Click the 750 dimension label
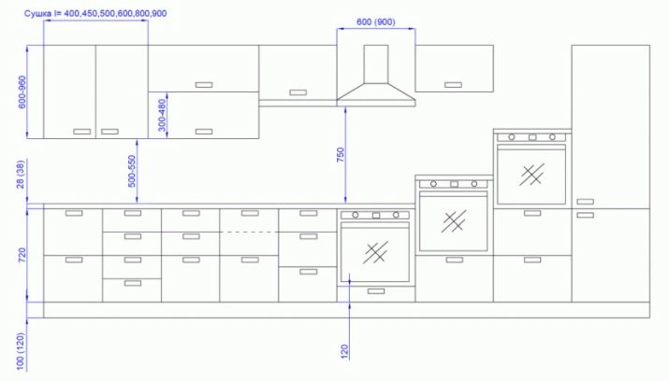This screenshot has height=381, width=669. (x=340, y=155)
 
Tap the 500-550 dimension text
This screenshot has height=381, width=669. (x=132, y=171)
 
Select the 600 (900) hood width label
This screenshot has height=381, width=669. (x=375, y=21)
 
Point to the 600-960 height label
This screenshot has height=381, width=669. (x=22, y=92)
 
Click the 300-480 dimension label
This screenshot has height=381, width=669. (x=162, y=116)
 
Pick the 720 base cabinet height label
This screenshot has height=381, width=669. (x=22, y=255)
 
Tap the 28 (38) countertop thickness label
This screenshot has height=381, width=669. (x=21, y=175)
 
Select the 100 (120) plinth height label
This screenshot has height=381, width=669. (x=21, y=352)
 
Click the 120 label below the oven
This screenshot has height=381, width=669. (x=344, y=351)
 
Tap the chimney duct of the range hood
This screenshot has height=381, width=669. (x=376, y=63)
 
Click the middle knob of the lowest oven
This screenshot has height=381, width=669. (x=376, y=216)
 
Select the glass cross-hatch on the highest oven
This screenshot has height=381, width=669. (x=531, y=175)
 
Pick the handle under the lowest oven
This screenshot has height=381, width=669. (x=376, y=291)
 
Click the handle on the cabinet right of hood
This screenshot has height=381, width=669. (x=453, y=85)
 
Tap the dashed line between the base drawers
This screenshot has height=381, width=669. (x=249, y=232)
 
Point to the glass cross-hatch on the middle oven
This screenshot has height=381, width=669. (x=454, y=221)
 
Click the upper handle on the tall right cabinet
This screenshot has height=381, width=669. (x=586, y=202)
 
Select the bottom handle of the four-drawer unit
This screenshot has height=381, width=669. (x=132, y=283)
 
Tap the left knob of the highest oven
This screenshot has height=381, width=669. (x=512, y=137)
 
